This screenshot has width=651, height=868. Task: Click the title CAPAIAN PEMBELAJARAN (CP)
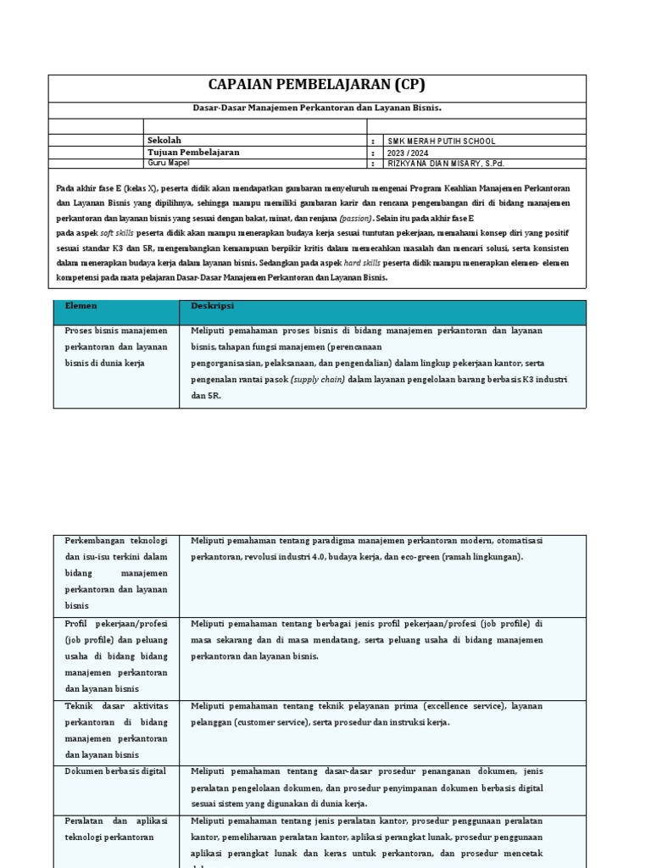pos(316,85)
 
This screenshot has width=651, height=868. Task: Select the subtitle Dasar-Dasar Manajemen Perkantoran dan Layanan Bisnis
pos(315,108)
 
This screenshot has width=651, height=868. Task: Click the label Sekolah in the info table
pos(164,140)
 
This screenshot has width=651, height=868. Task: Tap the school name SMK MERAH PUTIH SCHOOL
pos(442,141)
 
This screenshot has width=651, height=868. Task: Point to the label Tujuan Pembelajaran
pos(193,152)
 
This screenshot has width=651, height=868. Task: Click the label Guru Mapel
pos(168,163)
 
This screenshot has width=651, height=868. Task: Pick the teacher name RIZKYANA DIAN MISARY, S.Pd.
pos(449,164)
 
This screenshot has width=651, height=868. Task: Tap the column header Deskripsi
pos(213,305)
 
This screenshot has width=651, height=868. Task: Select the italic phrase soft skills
pos(118,232)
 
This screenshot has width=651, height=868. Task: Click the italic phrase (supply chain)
pos(318,380)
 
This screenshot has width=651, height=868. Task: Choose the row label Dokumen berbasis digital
pos(115,771)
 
